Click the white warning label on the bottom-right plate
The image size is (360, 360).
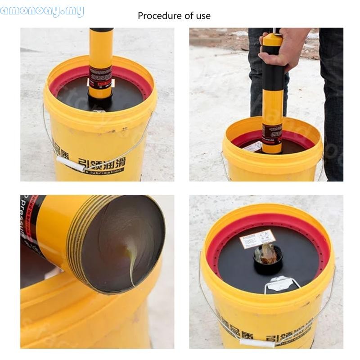click(x=257, y=238)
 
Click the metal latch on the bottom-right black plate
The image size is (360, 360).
click(x=280, y=283)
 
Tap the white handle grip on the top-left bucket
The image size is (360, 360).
click(x=71, y=164)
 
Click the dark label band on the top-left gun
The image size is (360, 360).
click(x=100, y=77)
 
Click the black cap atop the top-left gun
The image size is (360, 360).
click(x=101, y=30)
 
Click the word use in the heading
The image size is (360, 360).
click(x=202, y=16)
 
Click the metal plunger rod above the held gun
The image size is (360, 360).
click(x=274, y=30)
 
